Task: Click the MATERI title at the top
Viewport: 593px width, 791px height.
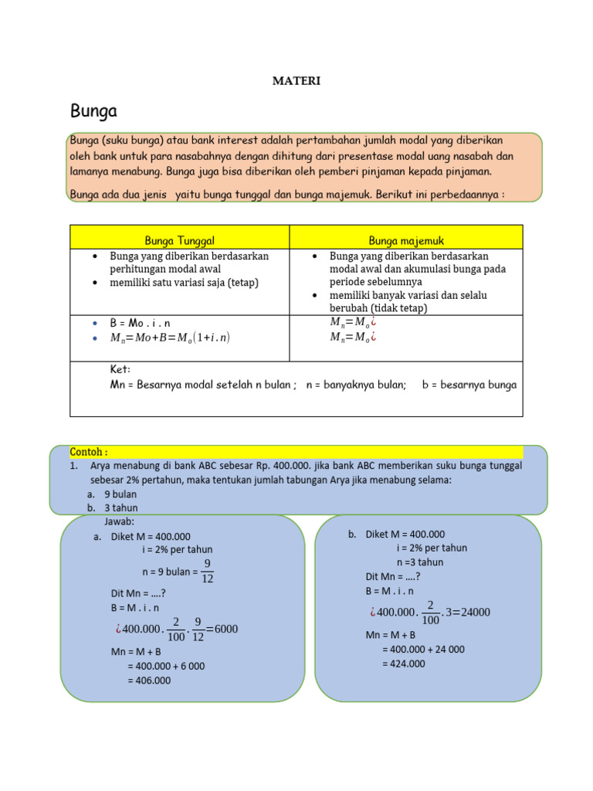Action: coord(296,80)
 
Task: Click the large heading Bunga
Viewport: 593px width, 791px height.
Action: coord(93,112)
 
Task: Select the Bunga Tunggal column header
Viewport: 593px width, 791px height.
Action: coord(179,241)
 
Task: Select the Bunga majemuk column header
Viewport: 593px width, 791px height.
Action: coord(406,241)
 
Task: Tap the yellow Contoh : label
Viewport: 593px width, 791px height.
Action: coord(89,452)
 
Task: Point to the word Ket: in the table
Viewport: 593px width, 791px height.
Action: coord(120,369)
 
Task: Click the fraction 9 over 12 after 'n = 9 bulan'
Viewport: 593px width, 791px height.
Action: coord(206,571)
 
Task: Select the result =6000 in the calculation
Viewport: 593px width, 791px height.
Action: coord(222,629)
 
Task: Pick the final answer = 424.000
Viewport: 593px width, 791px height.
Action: coord(403,664)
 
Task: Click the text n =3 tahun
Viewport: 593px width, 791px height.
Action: coord(420,562)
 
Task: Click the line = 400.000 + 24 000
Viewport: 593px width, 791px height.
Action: coord(423,650)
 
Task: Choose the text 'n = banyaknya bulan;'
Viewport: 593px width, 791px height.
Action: coord(356,385)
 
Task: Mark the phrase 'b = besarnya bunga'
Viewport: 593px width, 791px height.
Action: coord(469,385)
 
